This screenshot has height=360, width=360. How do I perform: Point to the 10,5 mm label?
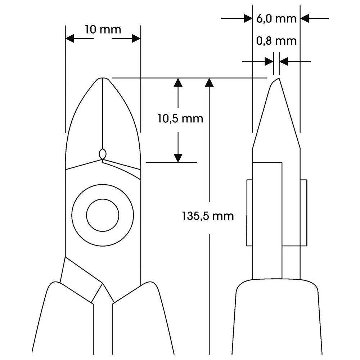click(x=180, y=118)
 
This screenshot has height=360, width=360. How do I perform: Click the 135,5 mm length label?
click(x=208, y=216)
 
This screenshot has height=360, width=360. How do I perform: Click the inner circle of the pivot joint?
click(x=103, y=215)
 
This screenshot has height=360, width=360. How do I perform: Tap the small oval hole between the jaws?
click(x=103, y=154)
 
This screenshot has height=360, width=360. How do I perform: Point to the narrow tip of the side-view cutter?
click(x=276, y=80)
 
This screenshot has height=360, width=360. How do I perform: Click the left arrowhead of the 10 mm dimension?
click(x=69, y=39)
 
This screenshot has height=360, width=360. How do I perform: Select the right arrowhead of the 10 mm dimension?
click(x=136, y=39)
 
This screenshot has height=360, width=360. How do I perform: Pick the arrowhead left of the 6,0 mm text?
click(x=248, y=18)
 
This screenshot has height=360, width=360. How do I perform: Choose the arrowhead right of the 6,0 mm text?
click(x=305, y=18)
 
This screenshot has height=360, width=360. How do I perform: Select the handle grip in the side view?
click(x=277, y=317)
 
